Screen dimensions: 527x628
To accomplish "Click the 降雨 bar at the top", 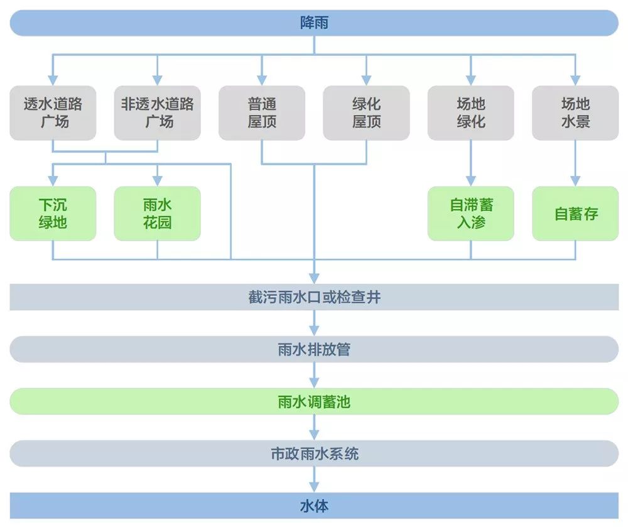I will point(314,23).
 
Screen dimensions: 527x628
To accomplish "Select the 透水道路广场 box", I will point(53,113).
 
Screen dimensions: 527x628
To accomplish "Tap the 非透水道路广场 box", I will point(157,113).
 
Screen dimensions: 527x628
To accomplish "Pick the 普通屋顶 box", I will point(262,113).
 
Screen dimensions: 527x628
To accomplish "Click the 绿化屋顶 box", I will point(366,113).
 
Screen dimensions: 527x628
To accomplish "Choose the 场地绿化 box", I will point(470,113).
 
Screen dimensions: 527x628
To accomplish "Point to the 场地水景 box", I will point(575,113).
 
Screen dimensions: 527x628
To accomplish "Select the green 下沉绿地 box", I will point(53,214).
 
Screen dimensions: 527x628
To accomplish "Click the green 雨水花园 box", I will point(157,214).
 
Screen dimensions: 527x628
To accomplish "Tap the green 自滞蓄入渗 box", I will point(470,214).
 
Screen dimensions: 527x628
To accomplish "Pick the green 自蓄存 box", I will point(575,214).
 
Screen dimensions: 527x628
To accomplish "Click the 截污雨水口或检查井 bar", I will point(314,297).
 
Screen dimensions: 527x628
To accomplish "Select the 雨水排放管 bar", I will point(314,349).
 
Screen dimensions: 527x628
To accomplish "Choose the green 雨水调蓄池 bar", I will point(314,401).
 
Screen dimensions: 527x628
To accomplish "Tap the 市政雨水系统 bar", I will point(314,454).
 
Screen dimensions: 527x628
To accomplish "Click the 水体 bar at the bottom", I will point(314,506).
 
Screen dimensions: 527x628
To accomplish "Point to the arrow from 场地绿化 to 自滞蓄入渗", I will point(470,163).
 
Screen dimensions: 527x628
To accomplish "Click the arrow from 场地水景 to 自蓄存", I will point(575,163).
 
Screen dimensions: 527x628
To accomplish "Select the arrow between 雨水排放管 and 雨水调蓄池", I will point(314,376).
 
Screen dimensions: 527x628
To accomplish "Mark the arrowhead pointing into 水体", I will point(314,487).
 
